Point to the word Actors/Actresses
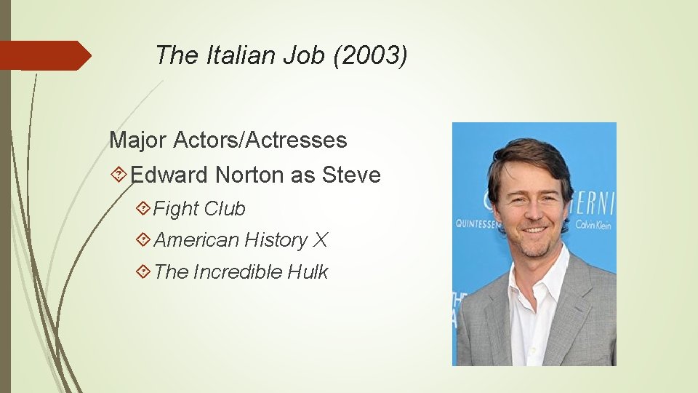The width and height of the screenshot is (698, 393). pos(260,140)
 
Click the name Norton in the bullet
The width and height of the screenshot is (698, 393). pos(249,175)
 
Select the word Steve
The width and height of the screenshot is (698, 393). pos(351,175)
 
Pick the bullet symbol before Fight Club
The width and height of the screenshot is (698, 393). pos(143,209)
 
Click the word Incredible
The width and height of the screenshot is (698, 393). pos(237,272)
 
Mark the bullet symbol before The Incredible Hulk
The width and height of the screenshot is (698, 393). pos(143,272)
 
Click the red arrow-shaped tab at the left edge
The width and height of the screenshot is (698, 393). pos(44,55)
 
